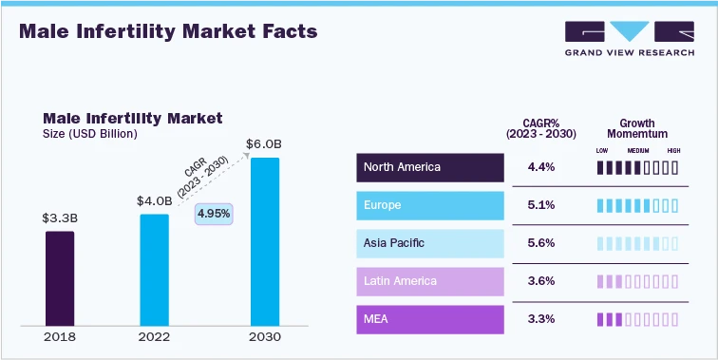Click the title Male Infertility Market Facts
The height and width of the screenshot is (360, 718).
pos(168,31)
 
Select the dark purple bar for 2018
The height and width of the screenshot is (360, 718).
pos(60,277)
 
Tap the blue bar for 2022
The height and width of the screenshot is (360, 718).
pos(154,269)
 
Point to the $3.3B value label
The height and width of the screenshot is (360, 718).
pos(59,218)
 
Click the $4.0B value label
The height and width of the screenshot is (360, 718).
pos(154,200)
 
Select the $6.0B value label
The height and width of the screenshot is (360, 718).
pos(264,144)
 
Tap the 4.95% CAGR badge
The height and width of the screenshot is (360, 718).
pos(214,214)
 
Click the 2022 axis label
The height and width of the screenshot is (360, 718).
pos(154,336)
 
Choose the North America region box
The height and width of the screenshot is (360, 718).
pos(430,167)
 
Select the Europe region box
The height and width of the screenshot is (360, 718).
pos(430,205)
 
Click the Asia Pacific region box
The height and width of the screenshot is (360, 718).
pos(430,243)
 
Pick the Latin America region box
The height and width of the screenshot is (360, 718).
pos(430,281)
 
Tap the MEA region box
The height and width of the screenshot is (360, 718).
pos(430,319)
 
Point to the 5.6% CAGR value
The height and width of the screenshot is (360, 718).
pos(540,243)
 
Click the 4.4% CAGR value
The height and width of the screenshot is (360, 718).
pos(540,167)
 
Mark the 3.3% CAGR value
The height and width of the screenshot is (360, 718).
pos(540,319)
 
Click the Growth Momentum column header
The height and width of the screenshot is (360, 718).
pos(637,129)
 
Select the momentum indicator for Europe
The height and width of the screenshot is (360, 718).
pos(637,205)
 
